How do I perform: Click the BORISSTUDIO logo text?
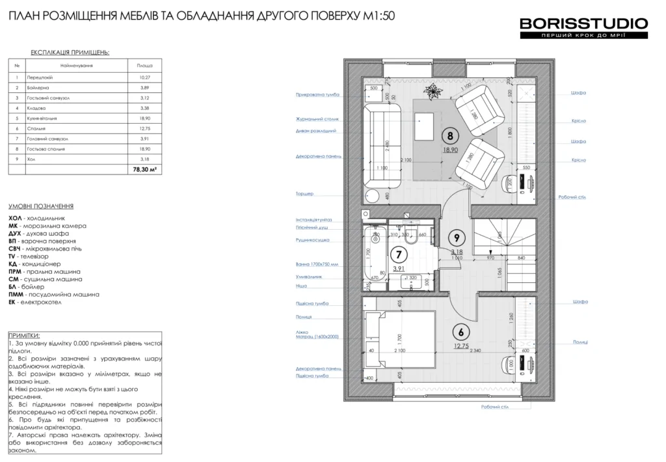pyautogui.click(x=583, y=24)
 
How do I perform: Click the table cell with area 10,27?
pyautogui.click(x=144, y=77)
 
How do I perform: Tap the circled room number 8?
pyautogui.click(x=447, y=136)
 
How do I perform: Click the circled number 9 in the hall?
pyautogui.click(x=457, y=238)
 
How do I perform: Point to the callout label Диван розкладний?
pyautogui.click(x=316, y=131)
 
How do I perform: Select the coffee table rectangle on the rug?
pyautogui.click(x=425, y=126)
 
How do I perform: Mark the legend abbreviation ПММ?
pyautogui.click(x=17, y=294)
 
